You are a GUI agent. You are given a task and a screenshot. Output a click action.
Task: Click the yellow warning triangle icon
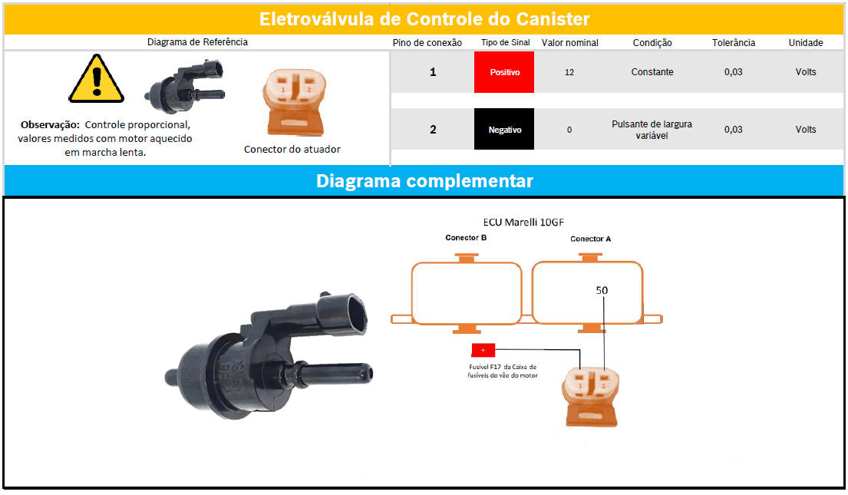point(96,79)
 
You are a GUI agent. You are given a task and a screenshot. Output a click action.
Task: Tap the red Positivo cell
point(504,72)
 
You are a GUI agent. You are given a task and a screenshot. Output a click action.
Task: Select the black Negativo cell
point(504,129)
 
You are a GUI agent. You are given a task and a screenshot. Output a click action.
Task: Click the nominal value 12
point(569,72)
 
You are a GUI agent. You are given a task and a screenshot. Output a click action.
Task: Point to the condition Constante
point(652,72)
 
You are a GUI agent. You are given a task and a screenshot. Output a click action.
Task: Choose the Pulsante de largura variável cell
point(652,130)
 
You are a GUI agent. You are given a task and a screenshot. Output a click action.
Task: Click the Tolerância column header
point(734,43)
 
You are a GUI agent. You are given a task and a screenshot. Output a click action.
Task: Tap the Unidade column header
point(806,43)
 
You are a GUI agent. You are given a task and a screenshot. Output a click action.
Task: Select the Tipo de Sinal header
point(506,43)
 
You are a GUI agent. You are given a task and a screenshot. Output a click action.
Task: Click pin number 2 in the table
point(433,129)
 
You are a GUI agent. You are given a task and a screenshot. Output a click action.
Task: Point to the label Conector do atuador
point(292,150)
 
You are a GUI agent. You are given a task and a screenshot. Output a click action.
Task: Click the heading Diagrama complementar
point(424,180)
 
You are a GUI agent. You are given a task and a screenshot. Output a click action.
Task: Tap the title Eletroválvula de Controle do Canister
point(424,19)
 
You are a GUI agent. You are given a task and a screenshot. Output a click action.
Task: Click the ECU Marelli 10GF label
point(523,222)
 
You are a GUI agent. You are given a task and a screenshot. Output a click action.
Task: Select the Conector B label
point(466,237)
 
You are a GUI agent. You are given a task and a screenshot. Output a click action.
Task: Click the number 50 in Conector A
point(602,291)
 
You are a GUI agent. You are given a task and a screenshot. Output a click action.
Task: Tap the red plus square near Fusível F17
point(483,351)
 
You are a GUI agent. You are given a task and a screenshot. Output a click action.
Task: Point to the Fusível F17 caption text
point(503,371)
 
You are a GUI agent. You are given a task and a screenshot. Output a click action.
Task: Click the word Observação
point(50,125)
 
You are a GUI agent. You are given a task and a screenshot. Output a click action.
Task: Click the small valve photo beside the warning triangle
point(185,87)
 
